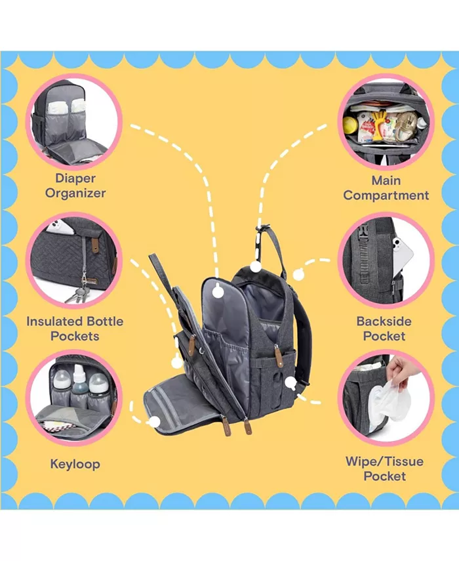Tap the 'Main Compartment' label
(386, 187)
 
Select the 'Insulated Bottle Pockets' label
(75, 328)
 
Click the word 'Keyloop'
(75, 464)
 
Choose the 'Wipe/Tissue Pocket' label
(384, 468)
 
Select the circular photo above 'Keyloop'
(74, 398)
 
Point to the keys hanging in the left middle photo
(77, 293)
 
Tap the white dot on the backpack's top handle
(256, 267)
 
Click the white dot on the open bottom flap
(154, 421)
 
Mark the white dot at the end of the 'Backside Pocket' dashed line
(298, 274)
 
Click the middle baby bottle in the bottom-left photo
(79, 383)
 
